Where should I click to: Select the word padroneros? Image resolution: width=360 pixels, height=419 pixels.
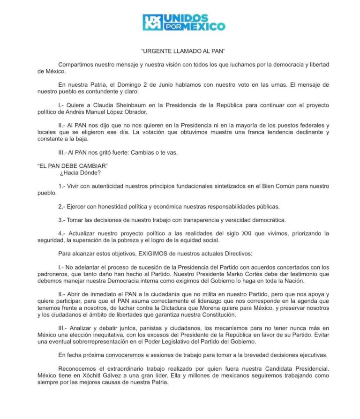(x=55, y=274)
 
